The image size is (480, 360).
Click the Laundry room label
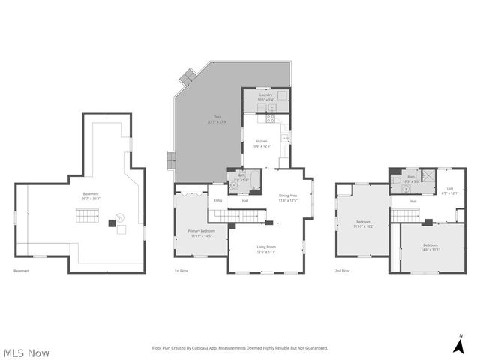click(266, 97)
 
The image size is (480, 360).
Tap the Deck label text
click(218, 118)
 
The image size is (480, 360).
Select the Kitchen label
click(261, 143)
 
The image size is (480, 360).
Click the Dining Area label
click(289, 198)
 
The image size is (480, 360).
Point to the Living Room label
click(267, 249)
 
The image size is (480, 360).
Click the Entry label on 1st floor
click(218, 200)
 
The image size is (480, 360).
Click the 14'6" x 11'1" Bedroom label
click(430, 247)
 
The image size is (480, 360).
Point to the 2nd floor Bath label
click(411, 178)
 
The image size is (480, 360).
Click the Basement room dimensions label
click(91, 196)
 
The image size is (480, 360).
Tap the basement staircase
click(87, 218)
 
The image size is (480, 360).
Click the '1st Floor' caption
click(181, 271)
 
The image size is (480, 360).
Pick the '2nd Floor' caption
click(342, 271)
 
